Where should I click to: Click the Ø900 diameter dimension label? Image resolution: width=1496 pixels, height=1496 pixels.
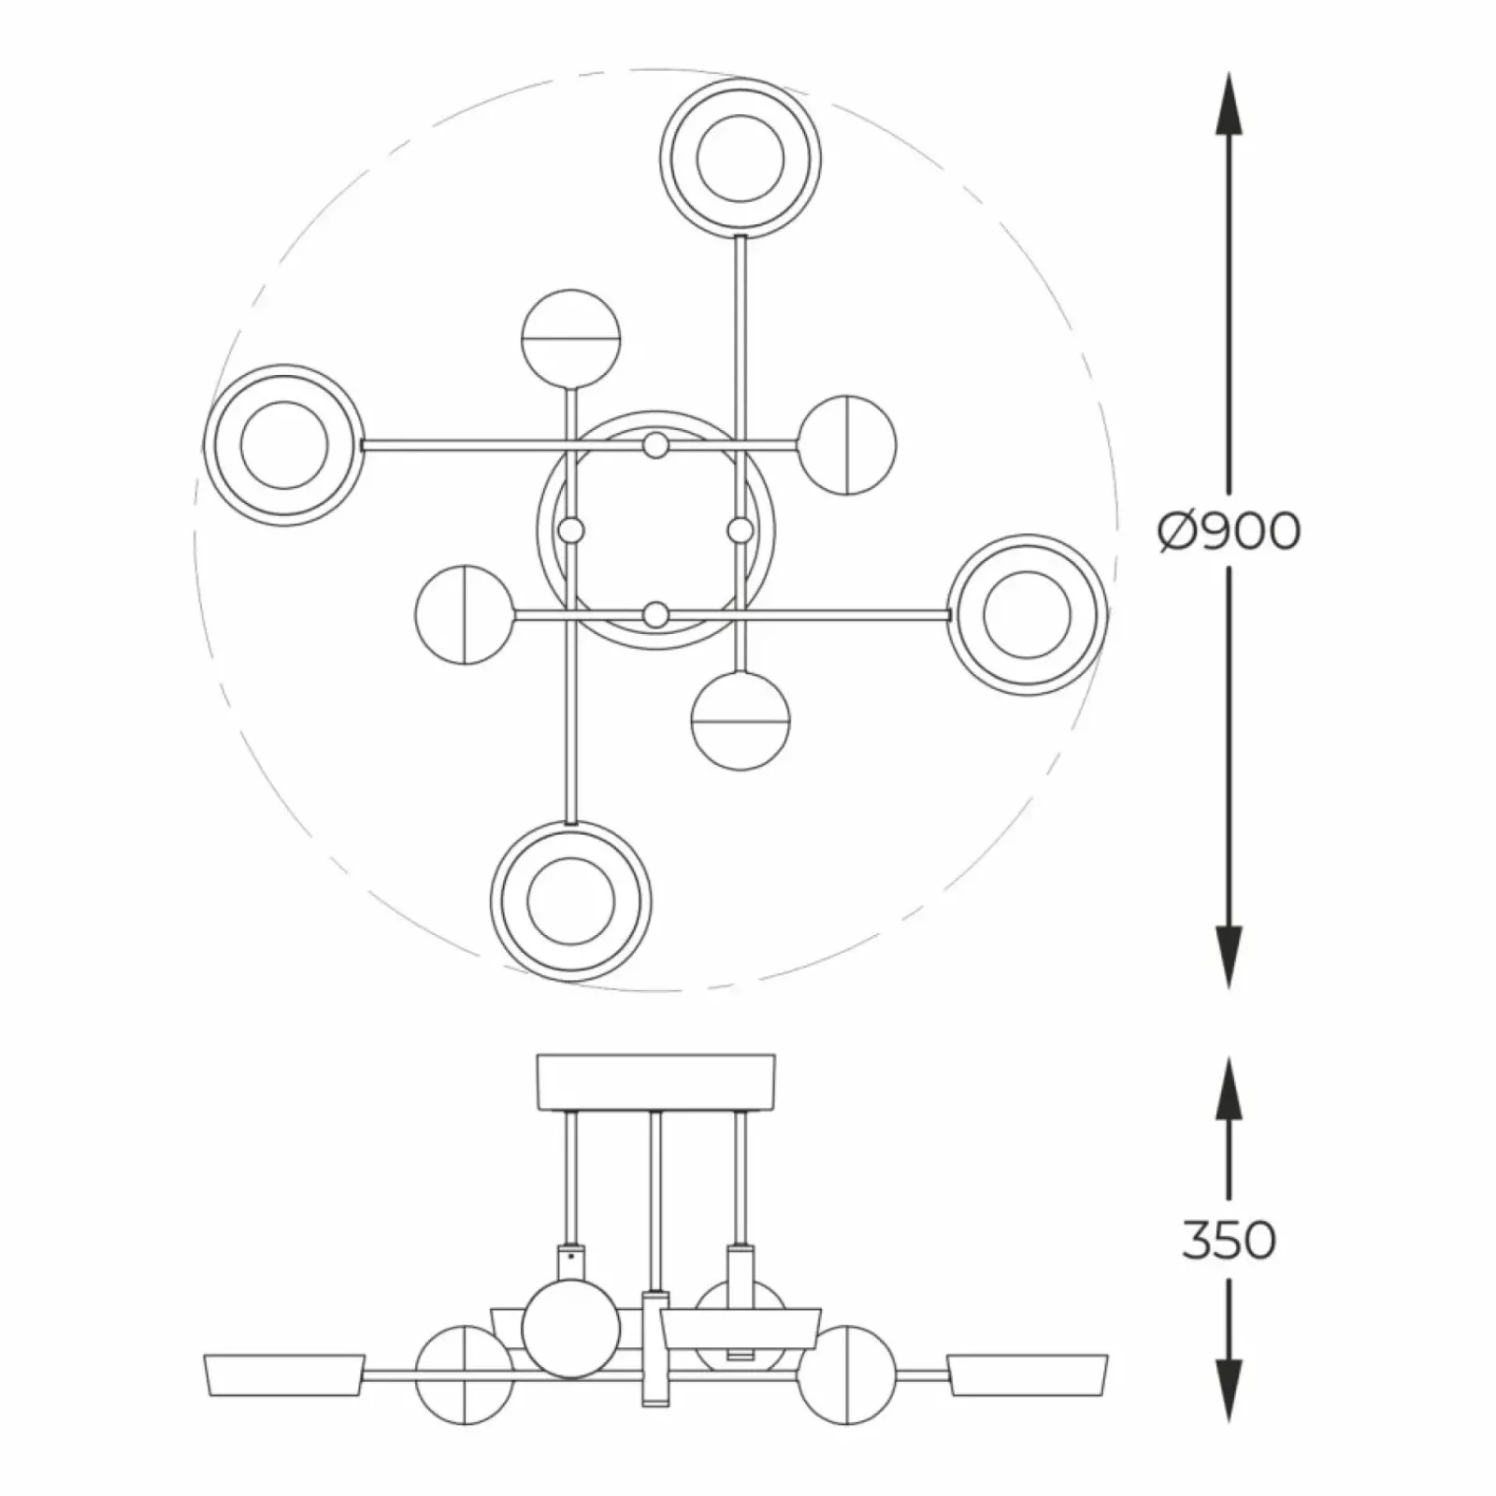1229,531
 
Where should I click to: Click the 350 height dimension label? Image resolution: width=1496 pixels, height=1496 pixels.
1229,1240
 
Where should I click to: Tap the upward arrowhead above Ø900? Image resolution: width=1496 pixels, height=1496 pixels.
1229,105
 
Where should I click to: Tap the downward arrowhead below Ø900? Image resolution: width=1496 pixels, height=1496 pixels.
1229,957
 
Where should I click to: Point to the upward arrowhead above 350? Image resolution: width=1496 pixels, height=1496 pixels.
1229,1088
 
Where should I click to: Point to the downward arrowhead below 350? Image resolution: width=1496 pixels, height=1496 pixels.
1229,1392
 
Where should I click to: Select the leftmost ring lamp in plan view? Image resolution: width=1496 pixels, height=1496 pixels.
284,445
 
